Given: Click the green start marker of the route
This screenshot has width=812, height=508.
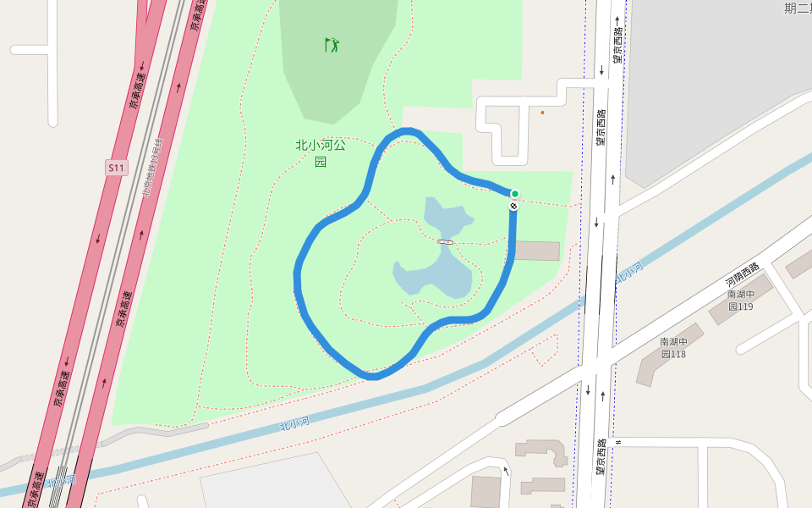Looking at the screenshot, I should [514, 194].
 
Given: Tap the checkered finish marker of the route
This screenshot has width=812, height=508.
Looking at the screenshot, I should [513, 206].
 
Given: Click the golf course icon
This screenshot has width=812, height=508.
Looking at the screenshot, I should [332, 44].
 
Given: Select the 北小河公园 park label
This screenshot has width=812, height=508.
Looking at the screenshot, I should [321, 152].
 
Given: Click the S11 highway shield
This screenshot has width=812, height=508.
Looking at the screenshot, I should [116, 168].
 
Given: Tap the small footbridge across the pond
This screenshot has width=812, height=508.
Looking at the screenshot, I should [445, 242].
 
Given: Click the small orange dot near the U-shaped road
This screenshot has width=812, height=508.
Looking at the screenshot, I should [542, 112].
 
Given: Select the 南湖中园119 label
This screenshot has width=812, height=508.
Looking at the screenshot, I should [740, 300].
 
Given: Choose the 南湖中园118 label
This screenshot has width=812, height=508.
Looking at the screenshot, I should [673, 347].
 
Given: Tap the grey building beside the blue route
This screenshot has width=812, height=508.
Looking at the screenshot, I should [537, 251].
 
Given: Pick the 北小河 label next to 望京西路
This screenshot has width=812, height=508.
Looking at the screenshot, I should [629, 273].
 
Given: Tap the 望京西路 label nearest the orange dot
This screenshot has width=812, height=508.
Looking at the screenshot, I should [601, 127].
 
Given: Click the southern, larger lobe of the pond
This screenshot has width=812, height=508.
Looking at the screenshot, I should [436, 275].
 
